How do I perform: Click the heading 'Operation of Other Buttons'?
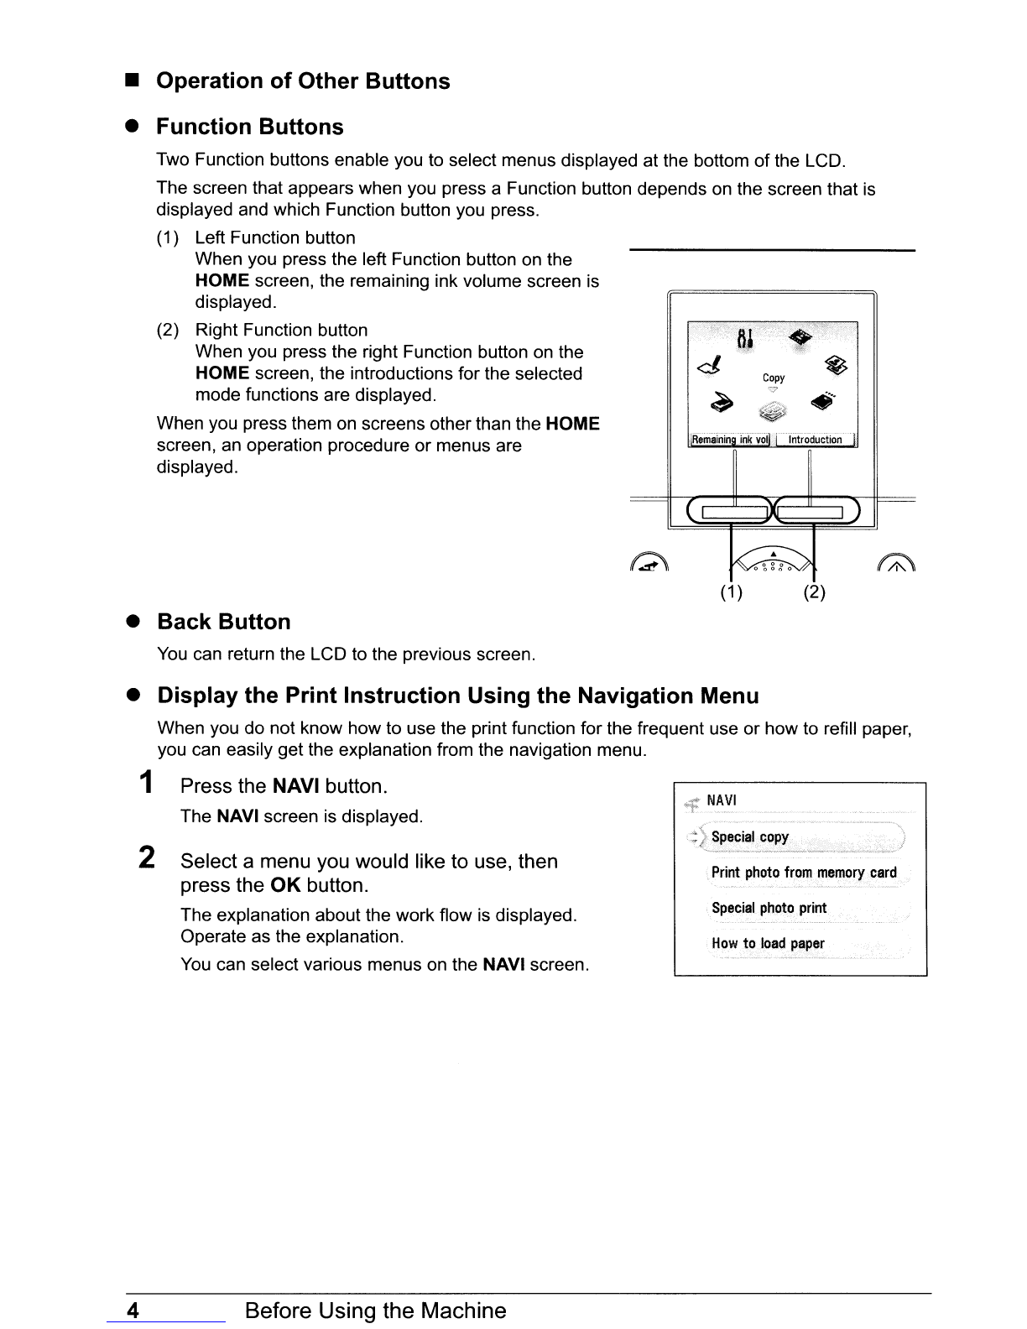303,81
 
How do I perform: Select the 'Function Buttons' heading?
250,127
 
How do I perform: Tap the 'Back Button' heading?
224,622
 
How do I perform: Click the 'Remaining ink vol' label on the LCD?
729,440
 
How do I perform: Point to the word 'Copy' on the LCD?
774,378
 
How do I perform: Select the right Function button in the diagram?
816,511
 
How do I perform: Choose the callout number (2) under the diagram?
815,593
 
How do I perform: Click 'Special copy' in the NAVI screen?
750,837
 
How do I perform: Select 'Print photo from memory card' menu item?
804,873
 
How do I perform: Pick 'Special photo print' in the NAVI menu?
769,908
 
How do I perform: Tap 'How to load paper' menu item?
768,943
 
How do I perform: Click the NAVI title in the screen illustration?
722,801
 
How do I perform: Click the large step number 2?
147,860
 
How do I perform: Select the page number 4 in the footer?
133,1311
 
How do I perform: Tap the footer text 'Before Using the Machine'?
375,1311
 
